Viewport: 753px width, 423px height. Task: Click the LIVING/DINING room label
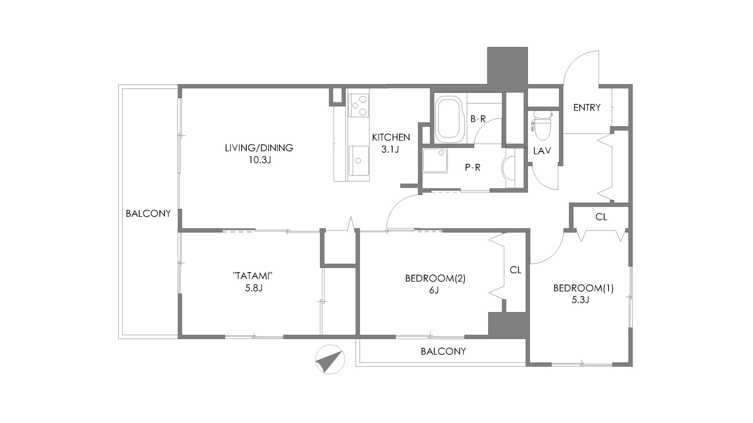(259, 148)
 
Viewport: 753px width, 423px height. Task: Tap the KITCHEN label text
(391, 137)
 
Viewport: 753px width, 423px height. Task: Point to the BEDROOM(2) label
(435, 278)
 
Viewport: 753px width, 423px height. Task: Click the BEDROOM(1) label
(584, 288)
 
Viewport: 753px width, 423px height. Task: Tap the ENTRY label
(587, 108)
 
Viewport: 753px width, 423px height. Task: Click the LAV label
(542, 151)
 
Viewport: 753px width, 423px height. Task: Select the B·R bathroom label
(478, 119)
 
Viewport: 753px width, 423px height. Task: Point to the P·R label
(473, 167)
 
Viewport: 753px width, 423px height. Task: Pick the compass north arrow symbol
(330, 359)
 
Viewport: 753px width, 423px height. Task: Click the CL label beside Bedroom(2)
(516, 270)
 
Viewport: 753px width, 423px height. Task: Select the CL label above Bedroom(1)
(601, 217)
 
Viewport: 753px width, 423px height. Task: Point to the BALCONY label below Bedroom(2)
(443, 351)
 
